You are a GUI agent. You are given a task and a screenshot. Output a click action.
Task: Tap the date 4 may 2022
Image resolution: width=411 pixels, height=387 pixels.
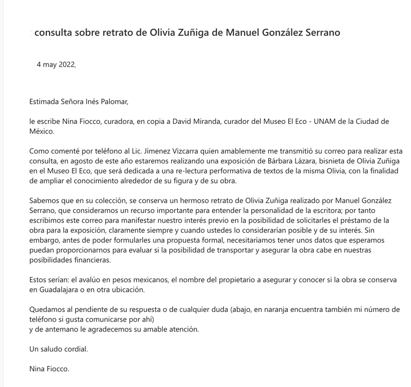pyautogui.click(x=56, y=65)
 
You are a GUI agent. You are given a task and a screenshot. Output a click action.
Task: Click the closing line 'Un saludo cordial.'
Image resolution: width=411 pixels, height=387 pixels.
pyautogui.click(x=59, y=349)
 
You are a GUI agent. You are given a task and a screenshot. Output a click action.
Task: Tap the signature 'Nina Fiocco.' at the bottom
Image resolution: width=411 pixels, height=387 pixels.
pyautogui.click(x=49, y=368)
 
